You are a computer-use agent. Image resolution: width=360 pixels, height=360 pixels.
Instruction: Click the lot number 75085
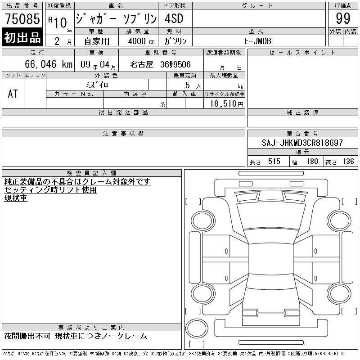click(22, 18)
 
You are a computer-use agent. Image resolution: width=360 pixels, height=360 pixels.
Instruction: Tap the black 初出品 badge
click(22, 37)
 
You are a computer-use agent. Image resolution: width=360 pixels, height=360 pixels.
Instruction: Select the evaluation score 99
click(343, 18)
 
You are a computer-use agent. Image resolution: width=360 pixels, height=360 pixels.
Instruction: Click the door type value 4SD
click(174, 18)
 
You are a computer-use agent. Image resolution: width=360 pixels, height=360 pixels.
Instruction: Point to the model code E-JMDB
click(257, 41)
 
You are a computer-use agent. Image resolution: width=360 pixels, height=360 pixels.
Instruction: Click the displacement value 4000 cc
click(141, 41)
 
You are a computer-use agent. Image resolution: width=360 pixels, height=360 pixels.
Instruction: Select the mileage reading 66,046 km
click(49, 64)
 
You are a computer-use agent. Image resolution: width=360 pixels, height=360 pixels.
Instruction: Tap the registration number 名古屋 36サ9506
click(160, 64)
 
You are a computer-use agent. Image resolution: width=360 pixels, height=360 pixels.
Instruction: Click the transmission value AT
click(13, 94)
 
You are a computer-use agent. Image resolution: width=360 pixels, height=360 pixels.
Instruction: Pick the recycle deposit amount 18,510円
click(227, 104)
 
